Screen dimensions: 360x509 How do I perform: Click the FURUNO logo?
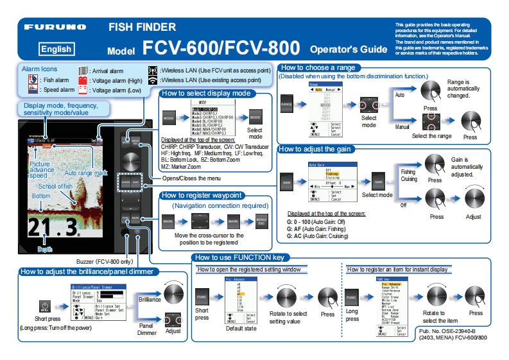55,28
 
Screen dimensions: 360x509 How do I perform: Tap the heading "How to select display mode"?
205,93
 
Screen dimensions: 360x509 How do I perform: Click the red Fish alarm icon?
32,80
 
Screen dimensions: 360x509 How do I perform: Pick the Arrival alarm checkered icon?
83,71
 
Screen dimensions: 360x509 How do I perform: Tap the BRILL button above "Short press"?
46,306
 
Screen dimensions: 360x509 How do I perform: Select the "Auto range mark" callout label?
86,173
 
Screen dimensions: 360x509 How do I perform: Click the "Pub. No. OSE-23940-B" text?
450,330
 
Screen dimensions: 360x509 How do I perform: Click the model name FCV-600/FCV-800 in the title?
221,48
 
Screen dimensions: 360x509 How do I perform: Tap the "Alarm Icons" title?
39,69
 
